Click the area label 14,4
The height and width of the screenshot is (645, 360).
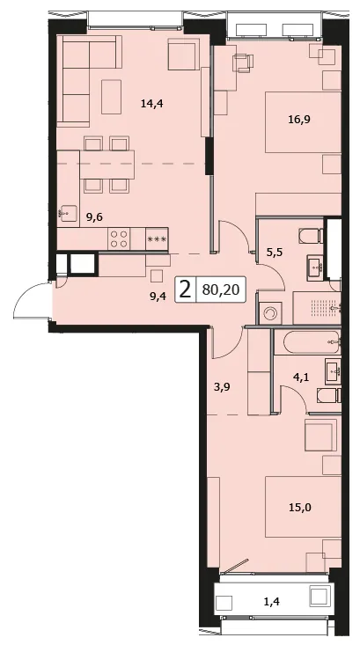[x=151, y=104]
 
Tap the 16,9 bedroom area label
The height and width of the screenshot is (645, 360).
[x=299, y=120]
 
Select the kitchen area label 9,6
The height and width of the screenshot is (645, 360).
[x=94, y=218]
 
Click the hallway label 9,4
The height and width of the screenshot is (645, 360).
[x=158, y=296]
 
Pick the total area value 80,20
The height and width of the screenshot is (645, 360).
[x=221, y=290]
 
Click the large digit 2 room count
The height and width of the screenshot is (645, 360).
[x=186, y=290]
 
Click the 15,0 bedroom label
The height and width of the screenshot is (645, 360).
[x=299, y=508]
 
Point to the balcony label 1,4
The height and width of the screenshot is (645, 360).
[x=271, y=603]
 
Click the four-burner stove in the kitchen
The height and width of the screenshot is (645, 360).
[x=119, y=238]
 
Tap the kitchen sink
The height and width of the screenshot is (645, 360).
[x=67, y=213]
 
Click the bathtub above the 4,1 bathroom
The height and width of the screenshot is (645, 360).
[x=307, y=341]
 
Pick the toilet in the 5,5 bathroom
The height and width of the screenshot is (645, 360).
[x=312, y=236]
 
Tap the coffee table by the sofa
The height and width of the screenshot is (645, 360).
[x=112, y=97]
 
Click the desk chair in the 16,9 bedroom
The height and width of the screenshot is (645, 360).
[x=243, y=63]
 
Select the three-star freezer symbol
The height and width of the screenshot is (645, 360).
[x=157, y=239]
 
